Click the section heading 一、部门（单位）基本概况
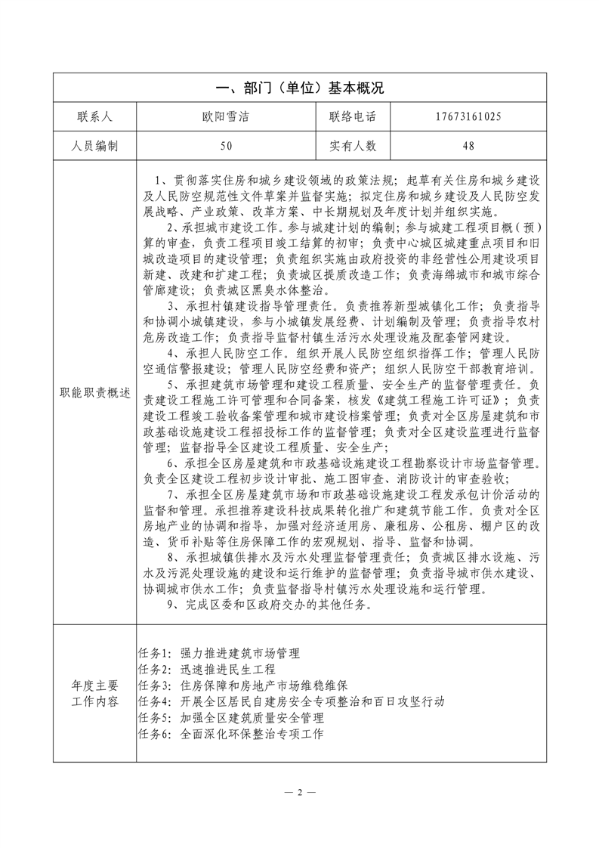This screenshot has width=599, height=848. coord(299,88)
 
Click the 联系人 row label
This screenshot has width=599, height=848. coord(94,117)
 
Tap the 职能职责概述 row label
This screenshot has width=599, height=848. coord(94,393)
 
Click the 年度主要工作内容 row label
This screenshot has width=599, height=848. coord(94,694)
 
